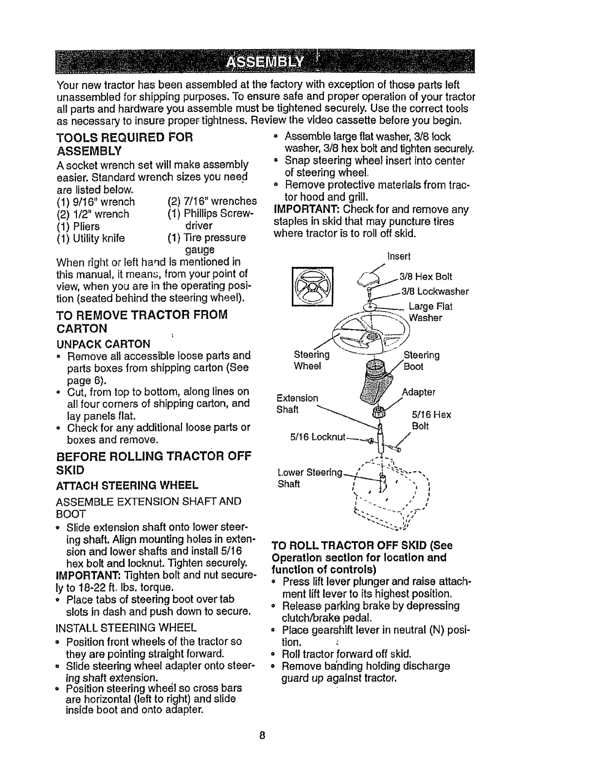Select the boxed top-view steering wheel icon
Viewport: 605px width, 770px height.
pos(311,286)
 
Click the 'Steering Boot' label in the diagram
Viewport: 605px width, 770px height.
pos(421,361)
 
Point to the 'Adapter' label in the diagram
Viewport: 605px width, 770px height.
pos(419,392)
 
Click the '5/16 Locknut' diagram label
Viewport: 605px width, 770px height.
pos(318,438)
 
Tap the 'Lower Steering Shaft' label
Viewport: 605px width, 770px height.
pos(310,478)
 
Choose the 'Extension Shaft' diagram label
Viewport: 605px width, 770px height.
pos(297,403)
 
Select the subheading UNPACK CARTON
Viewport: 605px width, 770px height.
pos(104,344)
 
